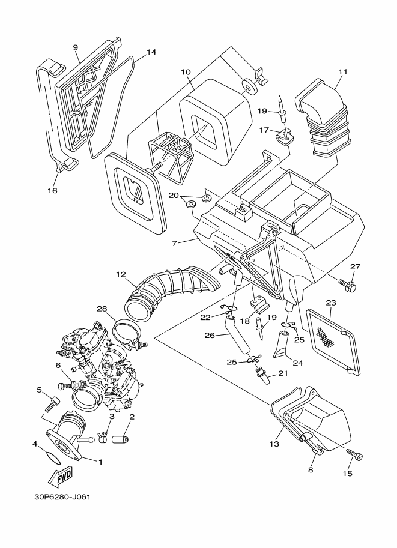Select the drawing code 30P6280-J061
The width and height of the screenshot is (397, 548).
(x=62, y=496)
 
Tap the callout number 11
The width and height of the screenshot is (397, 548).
(x=343, y=71)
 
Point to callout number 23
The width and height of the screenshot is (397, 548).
(x=330, y=303)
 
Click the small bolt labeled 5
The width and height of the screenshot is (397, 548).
(x=52, y=404)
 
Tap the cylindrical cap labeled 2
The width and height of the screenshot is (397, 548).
(x=120, y=439)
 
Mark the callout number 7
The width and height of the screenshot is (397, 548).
(x=175, y=244)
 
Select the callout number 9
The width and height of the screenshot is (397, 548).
(x=75, y=47)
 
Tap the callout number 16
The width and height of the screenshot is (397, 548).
(x=52, y=190)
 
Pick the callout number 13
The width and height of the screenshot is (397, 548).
(x=274, y=444)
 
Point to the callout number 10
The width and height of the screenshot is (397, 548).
(x=186, y=72)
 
